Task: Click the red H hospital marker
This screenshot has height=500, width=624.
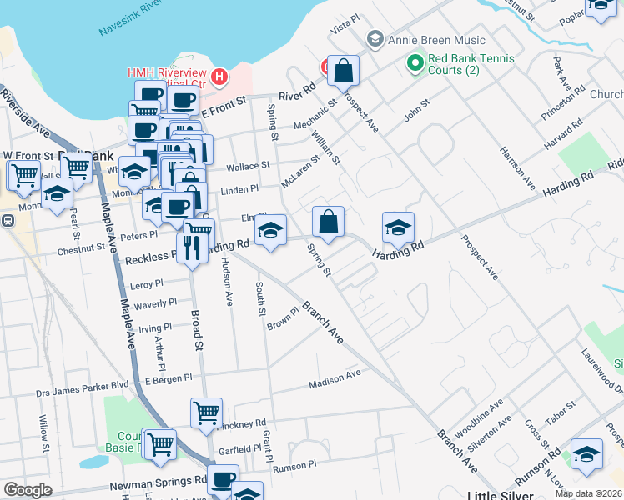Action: tap(219, 77)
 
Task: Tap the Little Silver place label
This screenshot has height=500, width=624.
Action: tap(502, 493)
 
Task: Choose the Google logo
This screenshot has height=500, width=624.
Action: tap(28, 490)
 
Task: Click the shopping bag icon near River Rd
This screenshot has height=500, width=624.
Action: tap(343, 72)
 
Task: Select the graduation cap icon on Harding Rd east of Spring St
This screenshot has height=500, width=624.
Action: tap(399, 227)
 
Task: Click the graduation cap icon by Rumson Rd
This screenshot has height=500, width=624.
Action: tap(587, 455)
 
